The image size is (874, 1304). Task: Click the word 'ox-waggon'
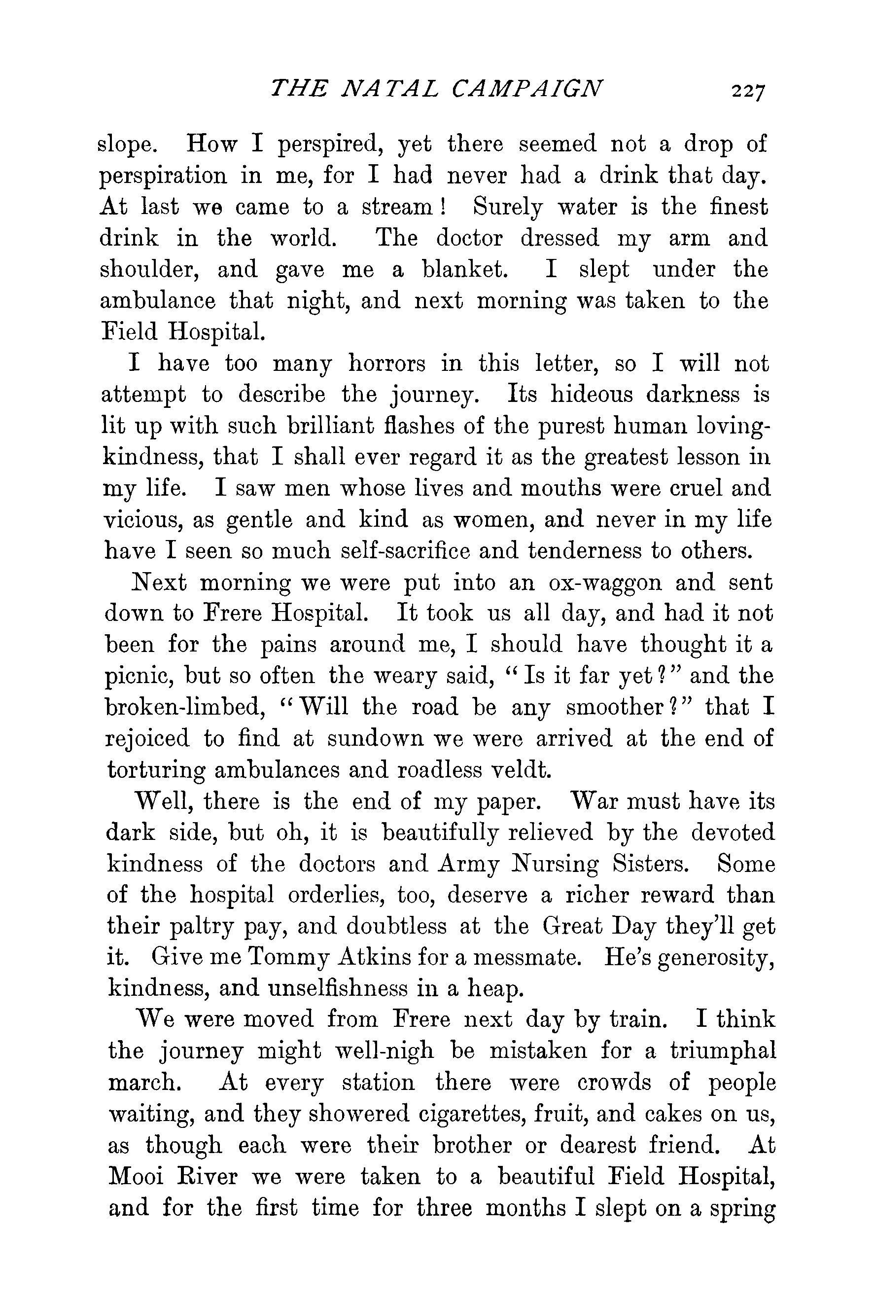[605, 583]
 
